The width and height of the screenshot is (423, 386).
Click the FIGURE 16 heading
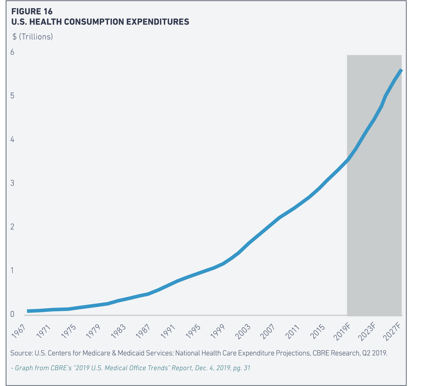coord(32,12)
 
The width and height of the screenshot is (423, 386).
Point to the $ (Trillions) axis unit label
coord(33,37)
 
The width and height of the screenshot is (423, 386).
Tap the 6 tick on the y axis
coord(12,52)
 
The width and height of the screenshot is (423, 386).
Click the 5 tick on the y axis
coord(12,96)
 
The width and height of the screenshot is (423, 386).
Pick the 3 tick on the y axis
coord(12,183)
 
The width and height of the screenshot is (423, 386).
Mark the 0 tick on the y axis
coord(12,314)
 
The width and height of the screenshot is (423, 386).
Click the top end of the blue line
coord(401,70)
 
